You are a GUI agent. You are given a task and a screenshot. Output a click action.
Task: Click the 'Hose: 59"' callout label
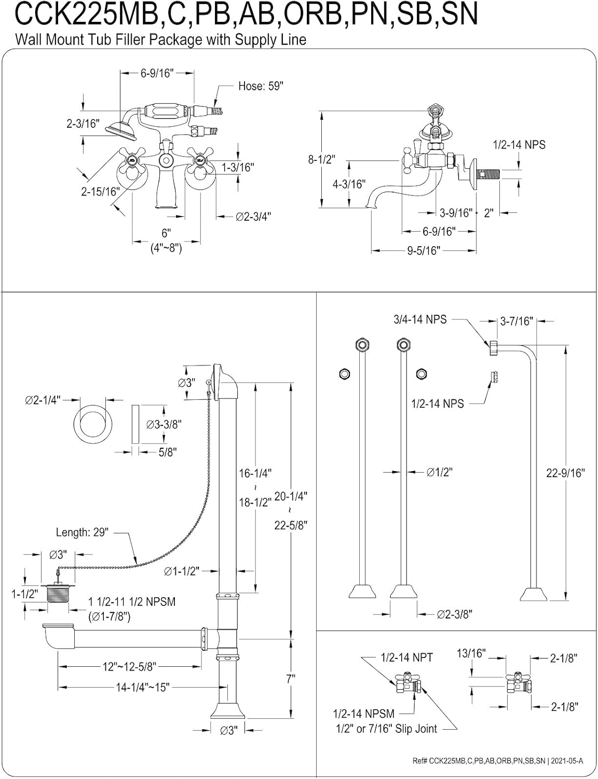[261, 86]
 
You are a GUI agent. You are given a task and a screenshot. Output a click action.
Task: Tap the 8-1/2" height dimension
[321, 159]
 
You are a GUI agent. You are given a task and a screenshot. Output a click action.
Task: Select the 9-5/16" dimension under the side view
[423, 251]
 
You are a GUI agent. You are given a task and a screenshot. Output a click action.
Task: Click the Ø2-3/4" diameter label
[254, 217]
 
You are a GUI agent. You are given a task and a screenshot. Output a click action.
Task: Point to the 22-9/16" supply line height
[565, 473]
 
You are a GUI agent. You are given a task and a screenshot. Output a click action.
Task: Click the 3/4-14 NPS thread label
[419, 319]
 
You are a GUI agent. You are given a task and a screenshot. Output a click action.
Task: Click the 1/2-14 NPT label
[406, 657]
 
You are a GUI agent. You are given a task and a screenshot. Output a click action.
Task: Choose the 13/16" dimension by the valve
[470, 653]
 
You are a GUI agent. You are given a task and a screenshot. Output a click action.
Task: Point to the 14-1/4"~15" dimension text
[143, 687]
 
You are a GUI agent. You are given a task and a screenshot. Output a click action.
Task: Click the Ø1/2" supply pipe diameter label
[440, 472]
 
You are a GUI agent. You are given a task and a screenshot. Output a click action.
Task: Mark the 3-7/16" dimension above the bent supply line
[517, 321]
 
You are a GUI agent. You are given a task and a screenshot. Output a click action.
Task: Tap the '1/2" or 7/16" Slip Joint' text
[386, 729]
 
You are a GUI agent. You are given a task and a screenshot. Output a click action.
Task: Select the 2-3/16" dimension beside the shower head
[83, 124]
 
